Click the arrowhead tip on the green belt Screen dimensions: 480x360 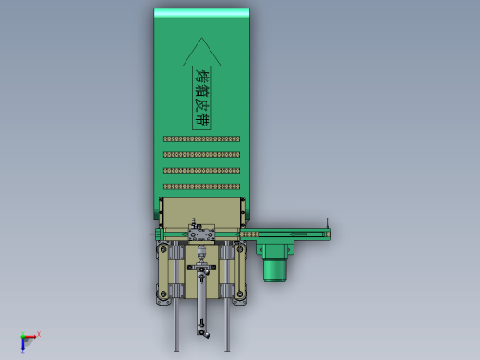pyautogui.click(x=202, y=38)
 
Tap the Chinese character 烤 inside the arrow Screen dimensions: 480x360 pyautogui.click(x=203, y=77)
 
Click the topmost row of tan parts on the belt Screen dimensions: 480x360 pyautogui.click(x=201, y=139)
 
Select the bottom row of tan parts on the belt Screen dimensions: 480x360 pyautogui.click(x=201, y=186)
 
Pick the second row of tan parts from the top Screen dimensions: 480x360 pyautogui.click(x=201, y=155)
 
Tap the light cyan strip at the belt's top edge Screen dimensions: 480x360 pyautogui.click(x=201, y=13)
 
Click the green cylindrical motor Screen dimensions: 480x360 pyautogui.click(x=275, y=270)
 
